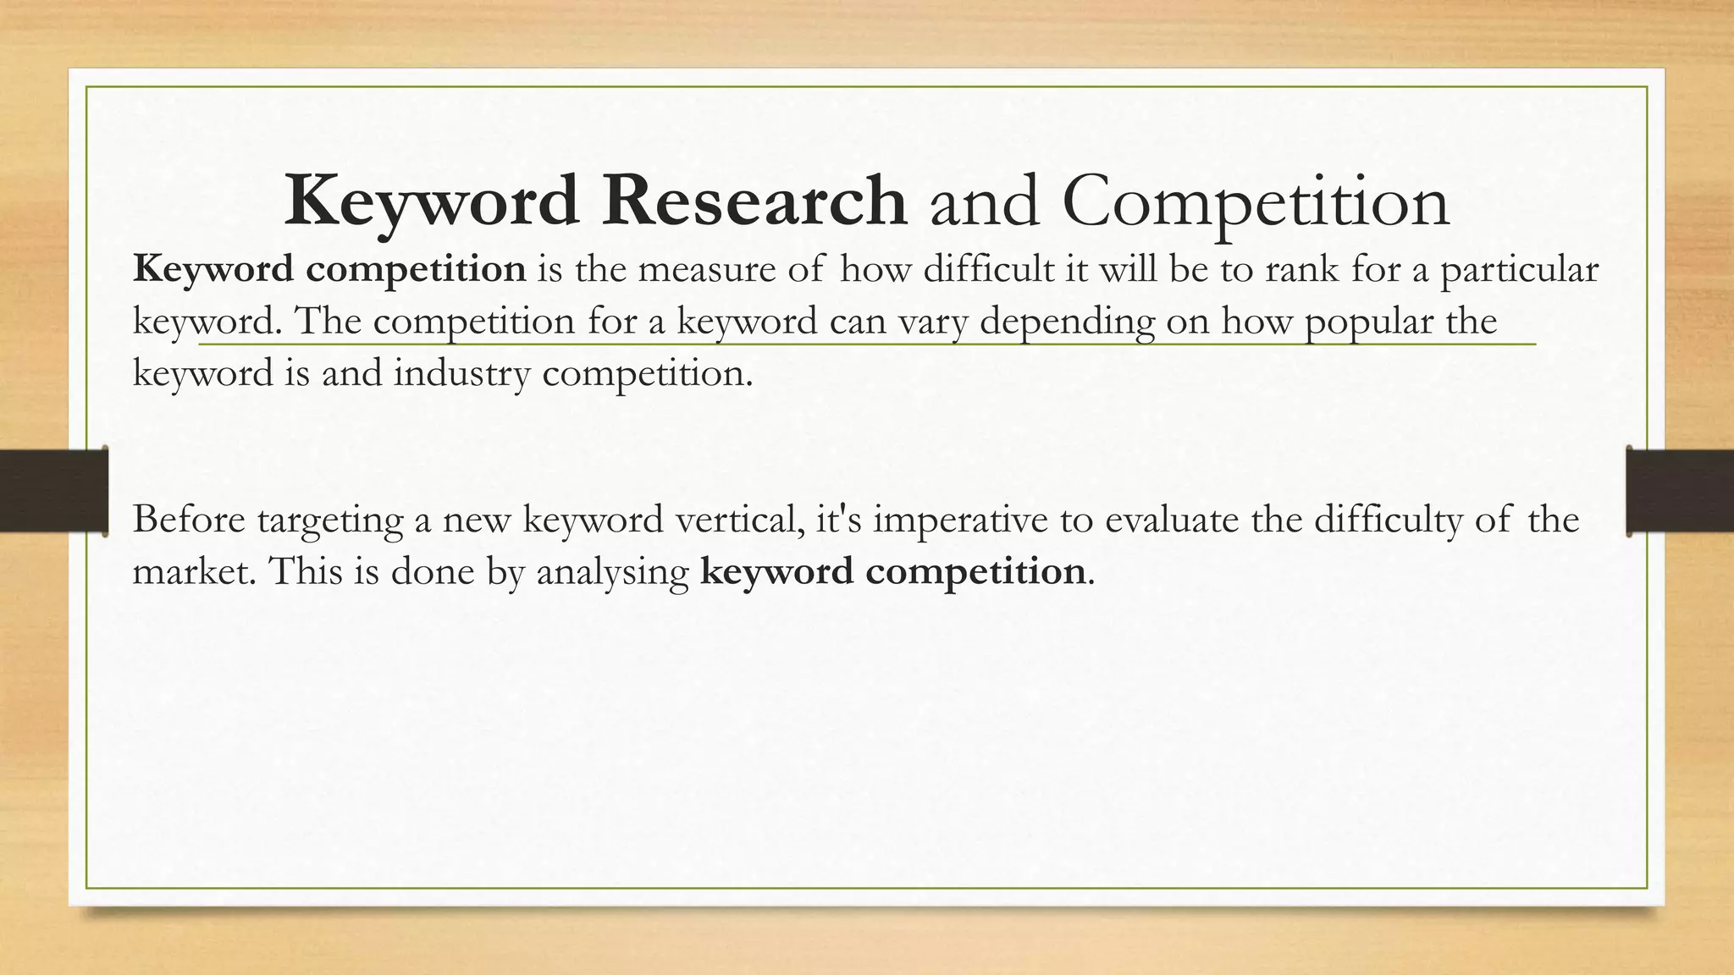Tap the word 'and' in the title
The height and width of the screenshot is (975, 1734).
984,201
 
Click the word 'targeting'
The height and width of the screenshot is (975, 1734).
330,521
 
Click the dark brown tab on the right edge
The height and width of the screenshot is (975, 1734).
1680,491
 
